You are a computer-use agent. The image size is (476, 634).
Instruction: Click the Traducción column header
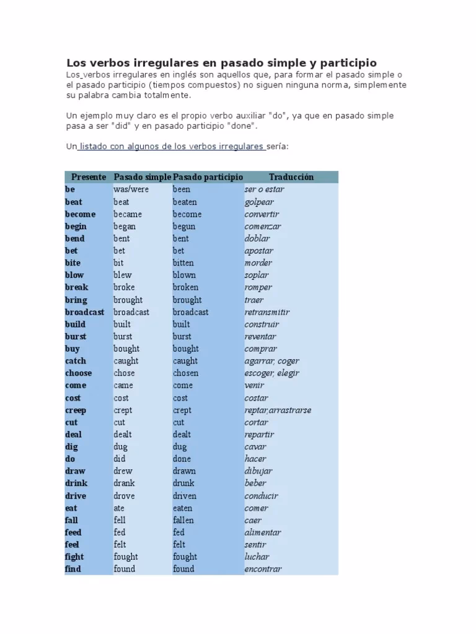[x=291, y=177]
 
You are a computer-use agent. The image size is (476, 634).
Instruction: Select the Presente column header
[x=89, y=177]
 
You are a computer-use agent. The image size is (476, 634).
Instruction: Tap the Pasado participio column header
[x=208, y=177]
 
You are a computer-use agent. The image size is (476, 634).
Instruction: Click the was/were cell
[x=131, y=189]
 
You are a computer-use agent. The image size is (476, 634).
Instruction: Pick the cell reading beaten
[x=185, y=202]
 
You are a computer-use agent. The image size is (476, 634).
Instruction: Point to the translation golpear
[x=259, y=202]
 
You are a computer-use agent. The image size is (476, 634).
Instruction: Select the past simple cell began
[x=125, y=226]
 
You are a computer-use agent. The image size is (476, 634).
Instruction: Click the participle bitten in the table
[x=183, y=263]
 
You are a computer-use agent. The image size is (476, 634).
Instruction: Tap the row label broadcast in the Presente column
[x=85, y=312]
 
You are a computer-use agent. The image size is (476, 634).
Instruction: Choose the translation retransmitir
[x=267, y=312]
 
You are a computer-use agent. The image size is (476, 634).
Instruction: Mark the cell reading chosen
[x=185, y=373]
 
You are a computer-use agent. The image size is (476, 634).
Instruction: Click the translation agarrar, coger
[x=272, y=361]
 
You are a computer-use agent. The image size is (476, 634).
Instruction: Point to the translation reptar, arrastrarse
[x=278, y=410]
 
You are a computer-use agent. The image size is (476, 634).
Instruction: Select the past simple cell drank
[x=124, y=483]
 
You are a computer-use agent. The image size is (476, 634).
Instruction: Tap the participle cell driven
[x=185, y=495]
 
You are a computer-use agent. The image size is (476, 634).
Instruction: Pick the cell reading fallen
[x=183, y=520]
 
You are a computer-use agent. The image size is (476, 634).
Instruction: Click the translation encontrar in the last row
[x=263, y=569]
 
